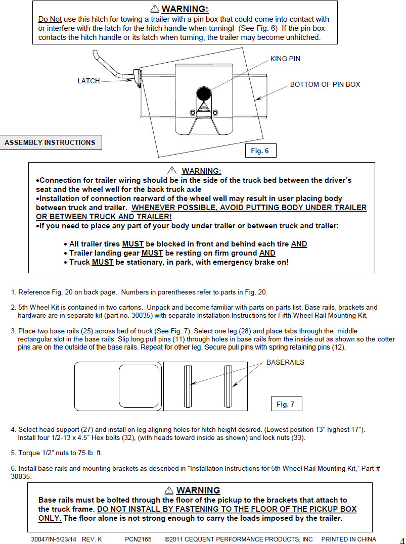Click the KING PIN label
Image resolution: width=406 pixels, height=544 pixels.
(285, 59)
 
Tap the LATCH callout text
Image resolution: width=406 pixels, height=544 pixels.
(88, 81)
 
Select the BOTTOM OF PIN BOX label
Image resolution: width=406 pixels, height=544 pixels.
(325, 84)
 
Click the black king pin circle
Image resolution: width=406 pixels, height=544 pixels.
(203, 93)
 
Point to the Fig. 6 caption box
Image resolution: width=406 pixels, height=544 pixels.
(260, 151)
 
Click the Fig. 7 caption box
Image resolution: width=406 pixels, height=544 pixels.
(286, 404)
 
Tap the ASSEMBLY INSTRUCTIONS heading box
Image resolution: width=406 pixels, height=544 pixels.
(50, 142)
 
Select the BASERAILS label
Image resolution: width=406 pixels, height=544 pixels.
(285, 362)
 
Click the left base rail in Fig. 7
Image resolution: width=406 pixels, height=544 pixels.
(188, 386)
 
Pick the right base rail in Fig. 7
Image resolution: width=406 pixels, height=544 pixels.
(228, 386)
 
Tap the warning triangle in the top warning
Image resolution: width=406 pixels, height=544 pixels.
(155, 9)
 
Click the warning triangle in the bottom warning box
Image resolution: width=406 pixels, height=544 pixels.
(169, 490)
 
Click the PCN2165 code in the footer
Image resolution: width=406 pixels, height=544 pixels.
(138, 539)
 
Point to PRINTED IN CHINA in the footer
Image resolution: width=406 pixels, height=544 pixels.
(348, 539)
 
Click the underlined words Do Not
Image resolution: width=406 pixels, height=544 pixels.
(50, 19)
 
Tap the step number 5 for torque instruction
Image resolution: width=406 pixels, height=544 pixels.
(13, 453)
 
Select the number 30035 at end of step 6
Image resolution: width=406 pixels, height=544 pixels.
(21, 476)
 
